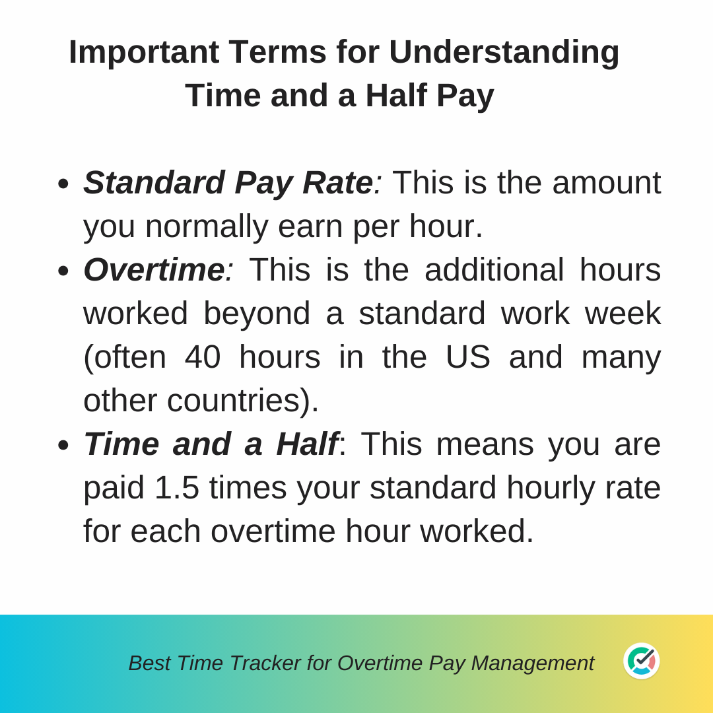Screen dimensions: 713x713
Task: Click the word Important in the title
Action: click(144, 53)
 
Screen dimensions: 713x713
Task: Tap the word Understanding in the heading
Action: click(504, 53)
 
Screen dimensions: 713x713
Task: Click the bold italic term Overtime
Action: click(154, 269)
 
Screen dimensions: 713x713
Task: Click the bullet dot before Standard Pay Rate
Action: click(63, 184)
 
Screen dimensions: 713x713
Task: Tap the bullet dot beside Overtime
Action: click(63, 271)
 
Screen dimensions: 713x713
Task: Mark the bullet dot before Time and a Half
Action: click(63, 445)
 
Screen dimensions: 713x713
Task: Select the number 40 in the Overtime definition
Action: click(203, 357)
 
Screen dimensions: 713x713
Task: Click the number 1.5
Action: click(177, 488)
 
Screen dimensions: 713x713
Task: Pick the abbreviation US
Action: click(468, 357)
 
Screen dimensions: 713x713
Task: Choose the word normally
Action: click(207, 227)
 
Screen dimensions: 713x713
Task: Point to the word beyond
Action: click(257, 314)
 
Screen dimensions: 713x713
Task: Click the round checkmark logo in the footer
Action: click(641, 661)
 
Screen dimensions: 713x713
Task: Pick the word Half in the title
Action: click(395, 96)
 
